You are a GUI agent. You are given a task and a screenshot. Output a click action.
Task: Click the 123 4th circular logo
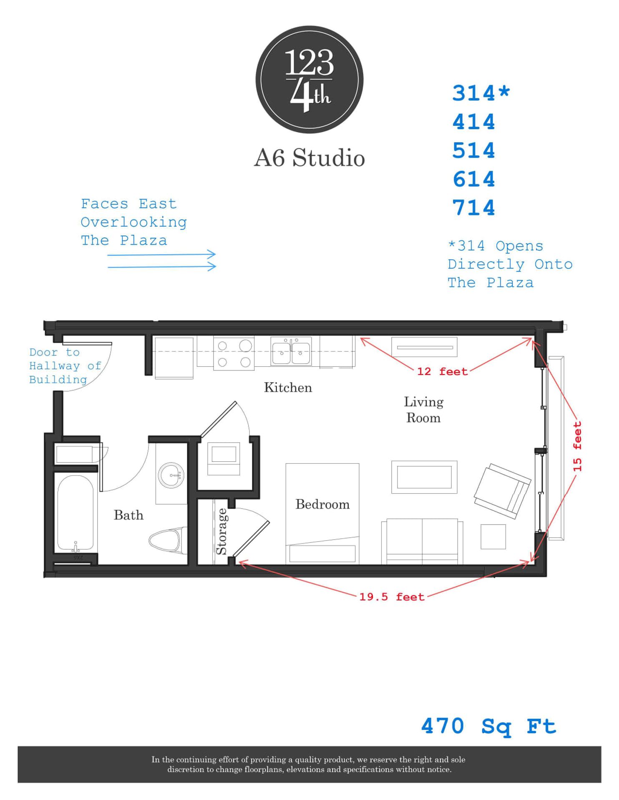309,80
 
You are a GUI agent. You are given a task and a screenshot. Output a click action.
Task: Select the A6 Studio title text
309,158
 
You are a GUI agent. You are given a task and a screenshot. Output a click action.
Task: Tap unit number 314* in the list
481,92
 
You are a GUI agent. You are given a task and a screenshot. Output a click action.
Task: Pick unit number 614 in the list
474,179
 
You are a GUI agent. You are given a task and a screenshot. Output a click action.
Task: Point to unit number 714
474,207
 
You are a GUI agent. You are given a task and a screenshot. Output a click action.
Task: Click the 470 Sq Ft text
488,726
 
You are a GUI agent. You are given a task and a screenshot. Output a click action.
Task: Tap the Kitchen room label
288,387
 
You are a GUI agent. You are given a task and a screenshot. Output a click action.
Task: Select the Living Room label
423,410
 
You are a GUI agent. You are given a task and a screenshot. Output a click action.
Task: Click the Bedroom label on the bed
322,504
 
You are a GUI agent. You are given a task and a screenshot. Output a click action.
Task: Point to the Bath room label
128,515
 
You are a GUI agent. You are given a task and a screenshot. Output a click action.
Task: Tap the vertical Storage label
221,531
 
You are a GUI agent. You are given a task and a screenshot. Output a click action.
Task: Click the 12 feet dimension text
442,371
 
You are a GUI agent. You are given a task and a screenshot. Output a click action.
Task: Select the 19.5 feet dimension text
392,597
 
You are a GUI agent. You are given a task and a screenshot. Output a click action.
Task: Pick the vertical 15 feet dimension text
577,446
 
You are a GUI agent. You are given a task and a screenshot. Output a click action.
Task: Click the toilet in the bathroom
167,541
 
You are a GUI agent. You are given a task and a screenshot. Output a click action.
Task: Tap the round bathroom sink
171,475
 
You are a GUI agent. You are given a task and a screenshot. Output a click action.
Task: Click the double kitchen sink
291,351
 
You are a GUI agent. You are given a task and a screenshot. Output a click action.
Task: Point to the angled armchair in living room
502,491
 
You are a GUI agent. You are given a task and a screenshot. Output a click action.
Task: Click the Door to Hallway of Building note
65,366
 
